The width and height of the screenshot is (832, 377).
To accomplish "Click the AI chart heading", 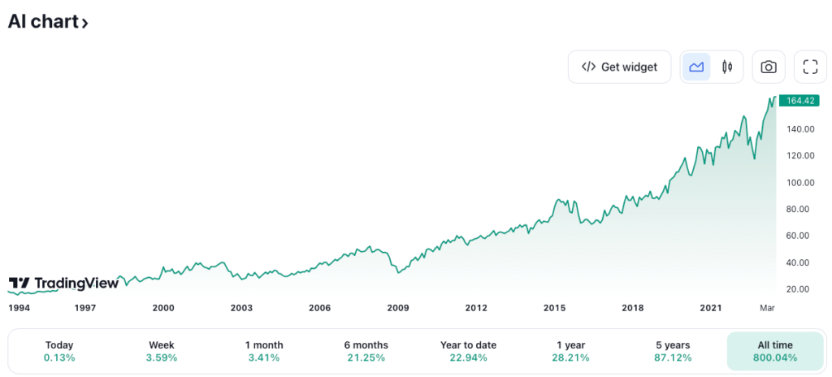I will tap(47, 22).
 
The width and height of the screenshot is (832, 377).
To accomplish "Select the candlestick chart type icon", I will tap(727, 67).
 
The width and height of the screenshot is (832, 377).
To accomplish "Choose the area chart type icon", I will tap(696, 67).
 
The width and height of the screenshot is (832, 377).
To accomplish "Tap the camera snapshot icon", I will tap(769, 67).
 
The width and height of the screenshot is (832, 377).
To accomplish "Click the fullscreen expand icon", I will tap(809, 67).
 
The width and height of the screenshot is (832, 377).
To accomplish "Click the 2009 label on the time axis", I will tap(397, 308).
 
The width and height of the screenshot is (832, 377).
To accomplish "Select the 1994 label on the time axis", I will tap(19, 308).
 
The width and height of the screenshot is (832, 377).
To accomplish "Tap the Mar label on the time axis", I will tap(767, 308).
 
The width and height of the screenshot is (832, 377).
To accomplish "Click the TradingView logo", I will tap(63, 283).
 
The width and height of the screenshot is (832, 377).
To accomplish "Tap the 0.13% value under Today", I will tap(59, 357).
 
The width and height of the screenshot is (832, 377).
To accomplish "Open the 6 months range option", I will tap(366, 351).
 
